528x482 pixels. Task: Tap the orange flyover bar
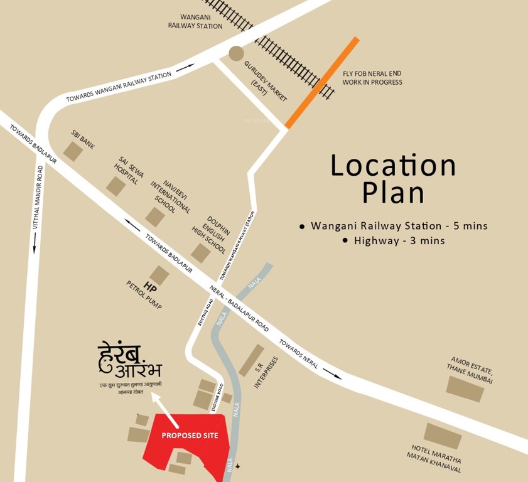tap(322, 82)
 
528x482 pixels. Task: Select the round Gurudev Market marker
tap(236, 53)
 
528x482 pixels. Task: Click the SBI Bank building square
tap(73, 151)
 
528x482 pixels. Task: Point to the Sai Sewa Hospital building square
tap(116, 186)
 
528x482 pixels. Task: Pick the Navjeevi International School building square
tap(155, 217)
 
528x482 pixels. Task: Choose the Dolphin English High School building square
tap(200, 253)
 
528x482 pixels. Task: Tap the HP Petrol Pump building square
tap(159, 275)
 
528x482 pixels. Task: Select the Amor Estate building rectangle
tap(465, 389)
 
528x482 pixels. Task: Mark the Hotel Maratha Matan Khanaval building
tap(443, 436)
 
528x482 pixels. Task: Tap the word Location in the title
tap(393, 166)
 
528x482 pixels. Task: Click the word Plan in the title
tap(393, 193)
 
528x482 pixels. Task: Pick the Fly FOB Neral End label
tap(372, 78)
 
